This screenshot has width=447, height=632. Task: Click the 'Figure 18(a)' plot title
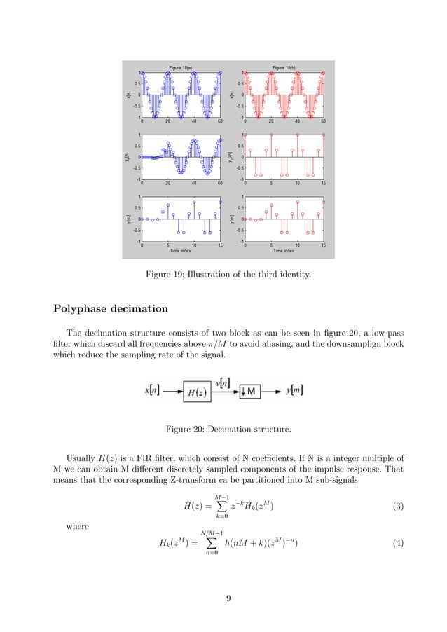(x=180, y=67)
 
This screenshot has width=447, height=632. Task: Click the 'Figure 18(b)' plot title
(x=283, y=67)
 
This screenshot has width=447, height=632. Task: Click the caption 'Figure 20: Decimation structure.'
(x=224, y=429)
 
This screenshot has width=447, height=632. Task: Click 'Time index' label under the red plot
(x=283, y=250)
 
